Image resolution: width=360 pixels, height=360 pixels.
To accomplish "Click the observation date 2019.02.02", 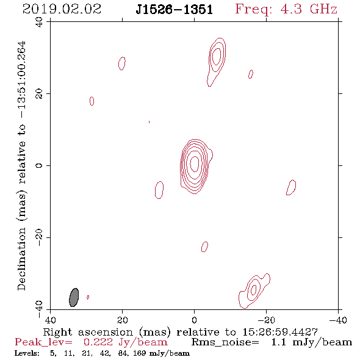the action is coord(62,9).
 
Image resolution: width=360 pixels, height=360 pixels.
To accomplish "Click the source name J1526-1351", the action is coord(174,10).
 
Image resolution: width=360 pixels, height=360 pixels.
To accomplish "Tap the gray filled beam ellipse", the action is coord(74,297).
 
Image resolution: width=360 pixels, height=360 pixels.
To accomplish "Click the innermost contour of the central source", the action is coord(195,164).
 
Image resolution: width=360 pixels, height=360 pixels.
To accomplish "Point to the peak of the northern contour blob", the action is coord(217,56).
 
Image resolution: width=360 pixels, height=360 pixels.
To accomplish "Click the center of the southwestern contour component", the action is coord(253,290).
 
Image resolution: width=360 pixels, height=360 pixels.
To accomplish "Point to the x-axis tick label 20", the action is coord(123,320).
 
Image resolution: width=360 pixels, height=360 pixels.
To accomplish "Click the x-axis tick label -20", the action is coord(266,320).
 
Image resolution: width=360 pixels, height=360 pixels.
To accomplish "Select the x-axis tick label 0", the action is coord(195,320).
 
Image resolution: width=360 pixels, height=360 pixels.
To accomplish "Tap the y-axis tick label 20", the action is coord(39,94).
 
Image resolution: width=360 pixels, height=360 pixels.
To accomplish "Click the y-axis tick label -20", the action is coord(39,237).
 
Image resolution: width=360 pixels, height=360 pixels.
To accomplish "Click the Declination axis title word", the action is coord(21,259).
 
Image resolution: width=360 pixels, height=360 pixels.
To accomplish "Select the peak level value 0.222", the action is coord(98,342).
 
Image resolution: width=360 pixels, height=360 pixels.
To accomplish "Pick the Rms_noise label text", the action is coord(225,342).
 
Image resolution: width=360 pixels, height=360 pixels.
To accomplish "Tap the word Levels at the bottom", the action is coord(27,353).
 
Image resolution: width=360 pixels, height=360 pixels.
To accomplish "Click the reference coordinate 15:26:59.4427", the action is coord(280,332).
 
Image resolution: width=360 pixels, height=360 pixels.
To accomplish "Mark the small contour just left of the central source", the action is coord(159,190).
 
